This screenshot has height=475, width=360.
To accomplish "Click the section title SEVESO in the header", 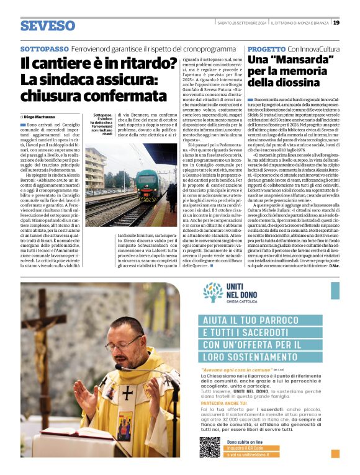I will point(48,25).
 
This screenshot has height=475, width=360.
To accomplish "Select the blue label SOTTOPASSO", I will point(44,48).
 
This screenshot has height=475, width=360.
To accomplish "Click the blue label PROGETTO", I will point(266,48).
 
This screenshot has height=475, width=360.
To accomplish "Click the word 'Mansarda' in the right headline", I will point(297,60).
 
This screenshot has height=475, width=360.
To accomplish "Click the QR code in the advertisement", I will point(209,447).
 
